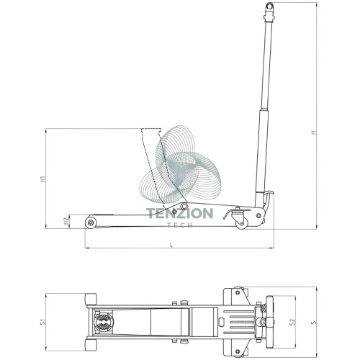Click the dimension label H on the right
313,132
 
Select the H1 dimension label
42,179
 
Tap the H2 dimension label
66,222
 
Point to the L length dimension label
171,245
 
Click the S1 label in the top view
42,322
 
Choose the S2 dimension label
292,322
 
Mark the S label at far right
313,323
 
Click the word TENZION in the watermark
179,213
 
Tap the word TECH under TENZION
180,225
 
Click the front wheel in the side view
91,222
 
